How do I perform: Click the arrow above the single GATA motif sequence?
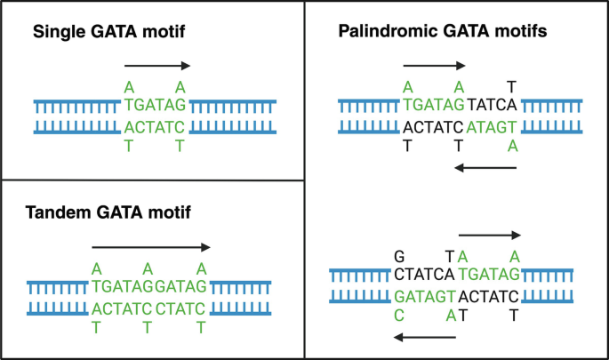[x=157, y=66]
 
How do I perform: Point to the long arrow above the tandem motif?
[x=151, y=248]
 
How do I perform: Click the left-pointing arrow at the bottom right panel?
[x=425, y=337]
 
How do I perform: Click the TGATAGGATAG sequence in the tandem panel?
[x=149, y=285]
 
